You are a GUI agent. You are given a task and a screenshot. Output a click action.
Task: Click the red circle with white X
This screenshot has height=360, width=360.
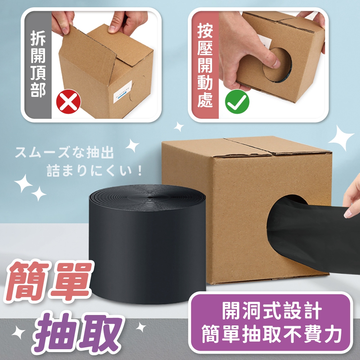tap(68, 102)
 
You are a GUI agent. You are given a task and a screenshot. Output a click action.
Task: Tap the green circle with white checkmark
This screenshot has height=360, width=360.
tap(237, 102)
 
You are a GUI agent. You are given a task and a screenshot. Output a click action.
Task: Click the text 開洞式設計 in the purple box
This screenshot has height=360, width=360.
tap(271, 311)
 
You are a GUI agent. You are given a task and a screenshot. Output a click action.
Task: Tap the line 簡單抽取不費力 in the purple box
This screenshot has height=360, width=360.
tap(271, 335)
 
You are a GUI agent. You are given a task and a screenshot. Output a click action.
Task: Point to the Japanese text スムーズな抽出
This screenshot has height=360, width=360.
tap(64, 153)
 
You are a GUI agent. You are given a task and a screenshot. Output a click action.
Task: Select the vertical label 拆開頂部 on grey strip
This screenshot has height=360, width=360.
tap(38, 65)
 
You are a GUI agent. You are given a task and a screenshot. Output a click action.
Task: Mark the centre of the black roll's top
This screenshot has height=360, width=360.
tap(150, 197)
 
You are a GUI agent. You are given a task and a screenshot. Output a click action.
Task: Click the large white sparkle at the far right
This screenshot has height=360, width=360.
tap(341, 138)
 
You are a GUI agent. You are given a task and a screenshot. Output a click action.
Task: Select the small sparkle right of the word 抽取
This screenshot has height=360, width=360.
tap(140, 327)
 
